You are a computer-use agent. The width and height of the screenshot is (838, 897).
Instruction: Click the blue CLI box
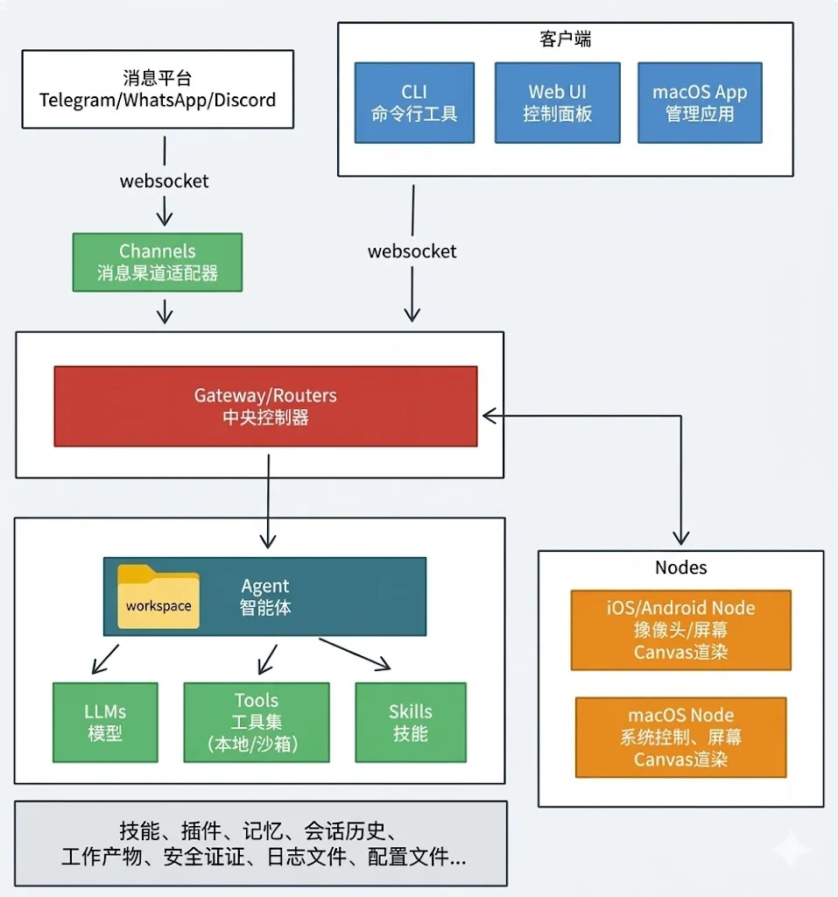point(414,103)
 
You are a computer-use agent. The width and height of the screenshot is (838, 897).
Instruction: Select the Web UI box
point(557,103)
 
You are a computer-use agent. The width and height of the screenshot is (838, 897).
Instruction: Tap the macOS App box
point(700,103)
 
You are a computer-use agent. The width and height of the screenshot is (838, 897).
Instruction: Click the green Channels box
point(158,262)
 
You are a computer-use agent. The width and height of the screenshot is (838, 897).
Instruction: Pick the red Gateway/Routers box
point(265,406)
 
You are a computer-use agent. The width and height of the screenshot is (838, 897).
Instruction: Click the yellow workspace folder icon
point(158,597)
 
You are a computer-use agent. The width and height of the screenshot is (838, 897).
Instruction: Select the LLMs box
point(105,722)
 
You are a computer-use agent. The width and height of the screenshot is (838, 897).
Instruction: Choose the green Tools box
point(257,722)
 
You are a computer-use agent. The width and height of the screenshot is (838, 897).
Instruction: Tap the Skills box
point(411,722)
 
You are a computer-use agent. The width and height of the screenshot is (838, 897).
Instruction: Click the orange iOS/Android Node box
point(680,630)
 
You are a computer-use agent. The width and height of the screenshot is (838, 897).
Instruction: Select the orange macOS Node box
point(680,738)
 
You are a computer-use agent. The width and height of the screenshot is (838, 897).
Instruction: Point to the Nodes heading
point(680,568)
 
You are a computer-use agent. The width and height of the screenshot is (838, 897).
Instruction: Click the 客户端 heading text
point(565,39)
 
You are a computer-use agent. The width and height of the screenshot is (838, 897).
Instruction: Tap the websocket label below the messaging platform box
point(164,181)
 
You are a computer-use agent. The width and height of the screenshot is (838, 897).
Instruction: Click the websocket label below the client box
point(412,251)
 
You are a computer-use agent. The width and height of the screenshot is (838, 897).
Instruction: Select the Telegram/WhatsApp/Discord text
point(158,100)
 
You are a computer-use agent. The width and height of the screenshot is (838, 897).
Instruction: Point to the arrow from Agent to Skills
point(355,653)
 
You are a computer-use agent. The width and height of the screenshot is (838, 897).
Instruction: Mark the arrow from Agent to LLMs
point(105,659)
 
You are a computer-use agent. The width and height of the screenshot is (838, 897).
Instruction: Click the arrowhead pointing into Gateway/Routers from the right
point(489,416)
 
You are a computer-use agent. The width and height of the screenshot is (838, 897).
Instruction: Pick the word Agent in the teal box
point(264,586)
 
